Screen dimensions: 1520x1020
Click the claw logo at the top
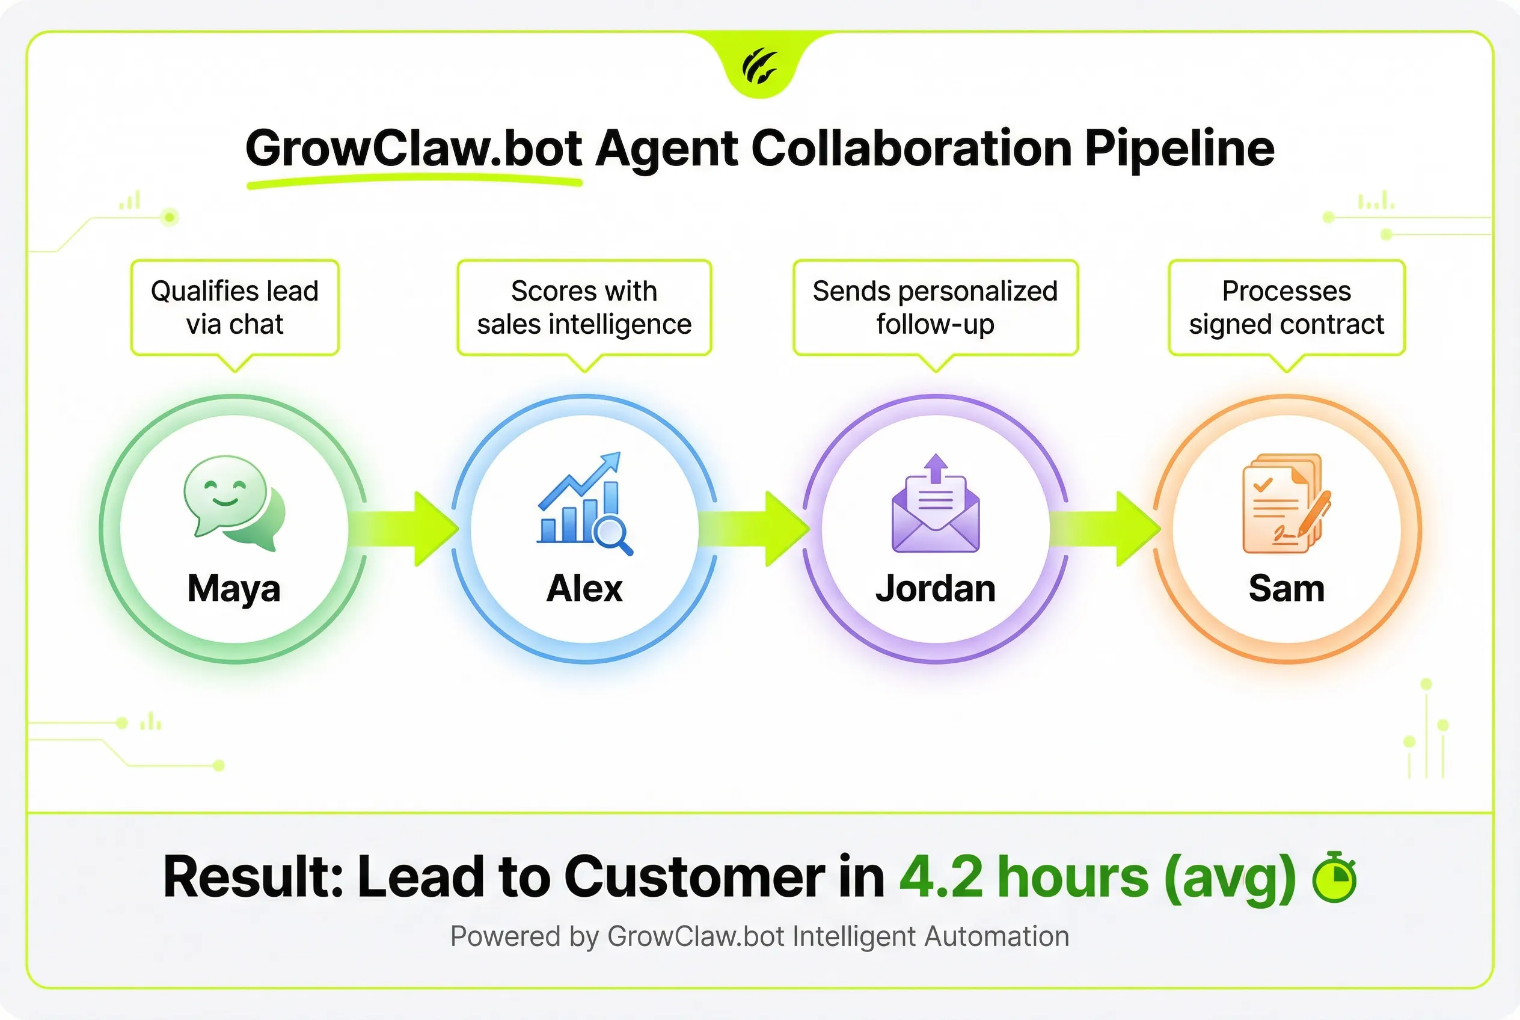759,66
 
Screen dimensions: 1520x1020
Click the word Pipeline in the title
1179,149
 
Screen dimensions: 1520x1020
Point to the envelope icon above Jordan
936,503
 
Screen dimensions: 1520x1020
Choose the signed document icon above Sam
1286,503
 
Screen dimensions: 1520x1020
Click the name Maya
234,589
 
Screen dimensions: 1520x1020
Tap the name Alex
584,588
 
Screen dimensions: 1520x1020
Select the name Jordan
936,588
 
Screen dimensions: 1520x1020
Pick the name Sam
1287,588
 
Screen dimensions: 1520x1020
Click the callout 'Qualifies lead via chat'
235,308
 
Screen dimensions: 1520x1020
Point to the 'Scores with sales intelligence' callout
584,308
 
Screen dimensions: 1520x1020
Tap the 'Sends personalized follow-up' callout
936,308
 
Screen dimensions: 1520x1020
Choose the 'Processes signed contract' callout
1287,308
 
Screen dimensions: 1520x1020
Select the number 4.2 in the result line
941,877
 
